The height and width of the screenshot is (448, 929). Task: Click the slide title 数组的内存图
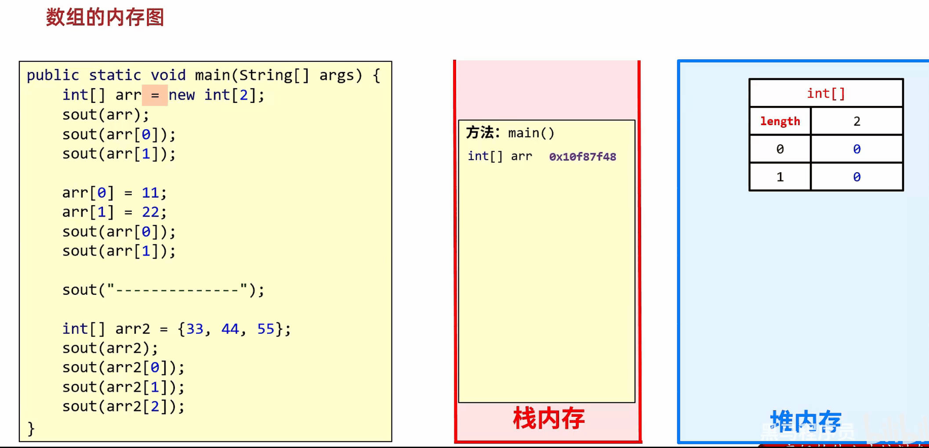[x=105, y=18]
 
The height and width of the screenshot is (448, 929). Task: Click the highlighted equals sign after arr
[x=155, y=95]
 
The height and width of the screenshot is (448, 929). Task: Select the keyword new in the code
[x=181, y=95]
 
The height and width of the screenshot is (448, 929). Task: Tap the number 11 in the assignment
[x=150, y=193]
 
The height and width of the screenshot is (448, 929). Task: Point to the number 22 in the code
[x=150, y=212]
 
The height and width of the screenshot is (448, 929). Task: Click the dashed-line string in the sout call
[x=178, y=290]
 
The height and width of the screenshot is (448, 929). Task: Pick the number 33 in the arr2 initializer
[x=195, y=329]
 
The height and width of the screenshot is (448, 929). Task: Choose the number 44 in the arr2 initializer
[x=230, y=329]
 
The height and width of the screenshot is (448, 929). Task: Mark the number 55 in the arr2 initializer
[x=266, y=329]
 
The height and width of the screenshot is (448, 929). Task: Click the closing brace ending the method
[x=31, y=428]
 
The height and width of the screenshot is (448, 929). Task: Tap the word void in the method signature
[x=168, y=75]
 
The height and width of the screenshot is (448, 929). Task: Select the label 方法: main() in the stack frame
[x=510, y=133]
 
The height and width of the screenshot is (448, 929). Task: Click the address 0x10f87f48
[x=583, y=157]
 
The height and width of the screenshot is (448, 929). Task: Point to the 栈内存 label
[x=549, y=418]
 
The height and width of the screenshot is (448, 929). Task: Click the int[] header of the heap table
[x=826, y=93]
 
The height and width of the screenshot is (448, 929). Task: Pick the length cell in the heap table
[x=780, y=121]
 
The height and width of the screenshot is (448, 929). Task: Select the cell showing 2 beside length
[x=857, y=121]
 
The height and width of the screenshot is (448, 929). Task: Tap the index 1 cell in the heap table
[x=780, y=177]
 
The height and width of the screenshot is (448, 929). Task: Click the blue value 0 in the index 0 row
[x=857, y=149]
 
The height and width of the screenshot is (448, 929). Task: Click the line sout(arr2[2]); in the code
[x=123, y=407]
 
